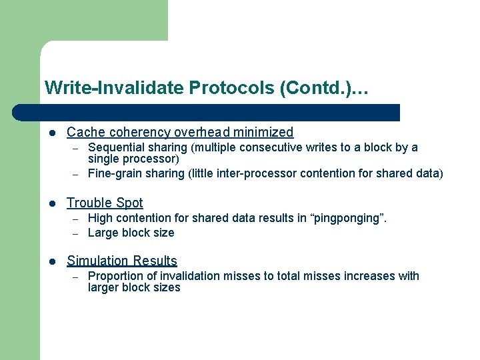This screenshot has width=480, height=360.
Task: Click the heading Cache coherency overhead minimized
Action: click(180, 132)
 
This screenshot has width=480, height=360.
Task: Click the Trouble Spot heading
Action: click(105, 203)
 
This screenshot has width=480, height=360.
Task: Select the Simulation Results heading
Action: click(122, 261)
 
